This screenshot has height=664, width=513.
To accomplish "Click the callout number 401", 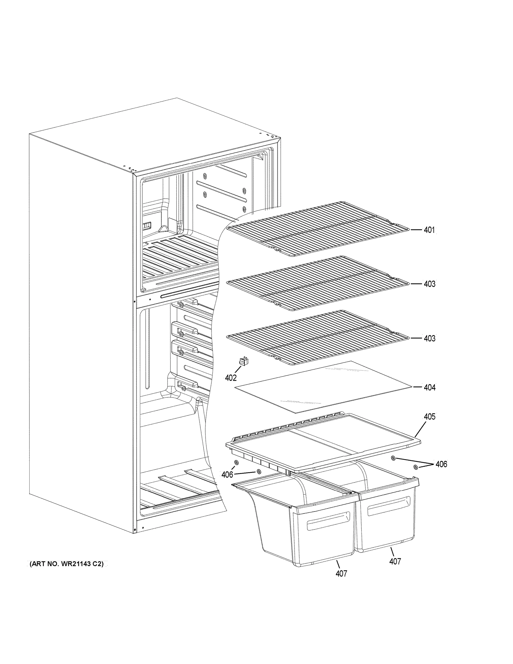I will (429, 230).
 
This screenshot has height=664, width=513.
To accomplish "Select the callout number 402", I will (231, 378).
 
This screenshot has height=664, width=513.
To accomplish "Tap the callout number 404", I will (429, 387).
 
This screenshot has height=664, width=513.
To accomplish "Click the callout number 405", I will (429, 416).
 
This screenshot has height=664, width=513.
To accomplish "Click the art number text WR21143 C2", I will (67, 564).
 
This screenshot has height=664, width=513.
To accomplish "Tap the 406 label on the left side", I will (227, 474).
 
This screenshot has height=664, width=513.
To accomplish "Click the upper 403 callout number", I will (429, 284).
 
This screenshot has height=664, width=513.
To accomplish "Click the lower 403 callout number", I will (429, 338).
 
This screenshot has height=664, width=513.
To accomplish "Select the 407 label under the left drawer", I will (341, 574).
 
